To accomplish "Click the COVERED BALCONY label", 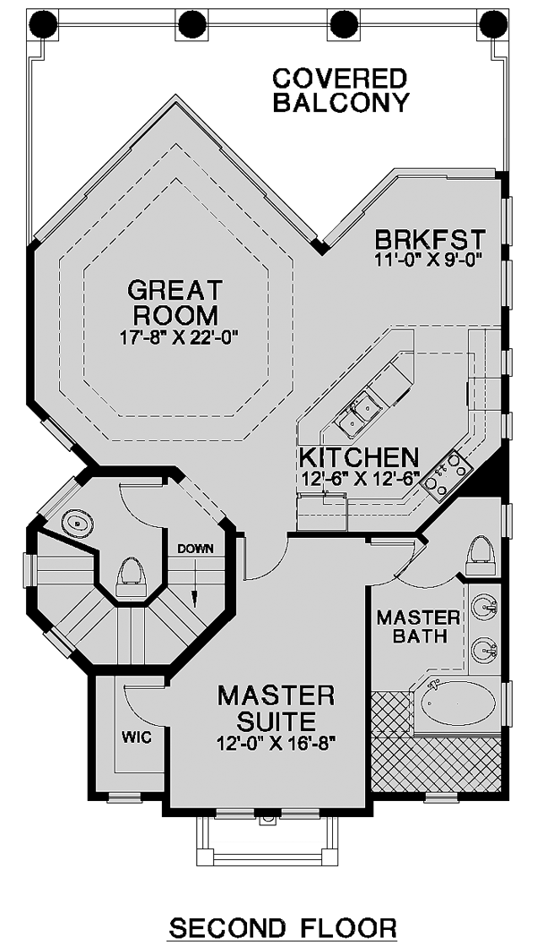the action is click(341, 90).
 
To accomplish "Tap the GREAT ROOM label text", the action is click(175, 302).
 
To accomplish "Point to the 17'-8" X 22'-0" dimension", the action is click(175, 336).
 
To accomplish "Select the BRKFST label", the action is click(430, 240).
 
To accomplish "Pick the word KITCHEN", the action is click(358, 458).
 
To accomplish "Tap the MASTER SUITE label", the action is click(276, 708).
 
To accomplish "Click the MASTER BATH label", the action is click(419, 626).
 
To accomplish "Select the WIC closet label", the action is click(136, 737).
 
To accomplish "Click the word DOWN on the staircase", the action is click(195, 549).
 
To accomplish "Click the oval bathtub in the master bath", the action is click(458, 703).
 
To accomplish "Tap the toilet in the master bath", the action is click(481, 556).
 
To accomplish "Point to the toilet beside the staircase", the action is click(132, 577).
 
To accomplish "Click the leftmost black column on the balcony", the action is click(44, 25).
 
